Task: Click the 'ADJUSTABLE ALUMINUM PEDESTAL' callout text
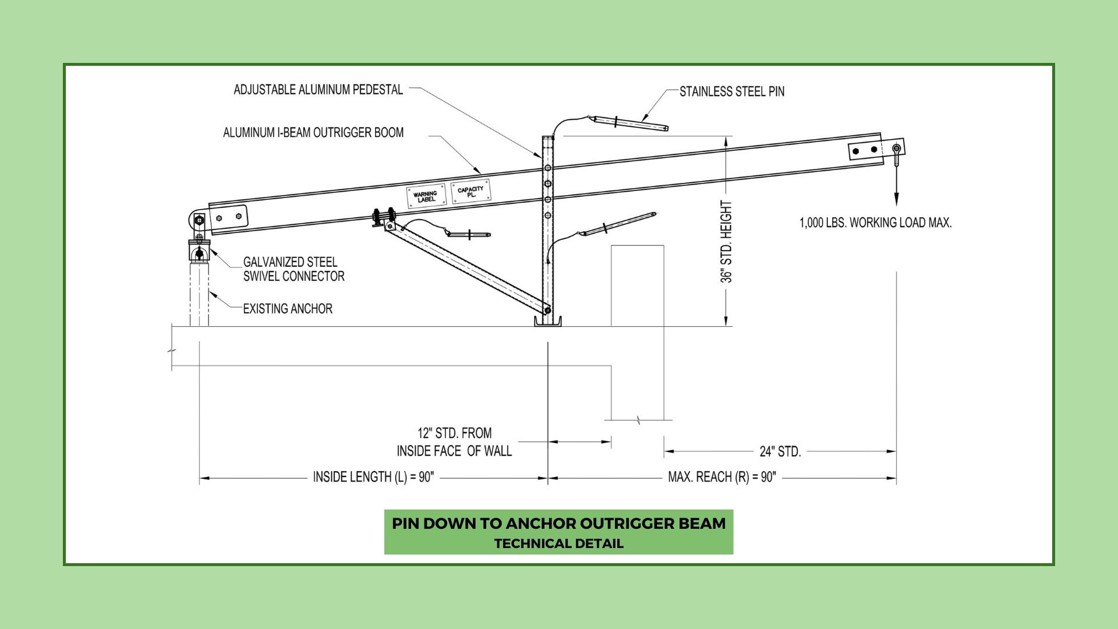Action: (x=318, y=90)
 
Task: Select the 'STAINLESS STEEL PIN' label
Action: (x=732, y=91)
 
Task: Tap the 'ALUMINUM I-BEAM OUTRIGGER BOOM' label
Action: (x=313, y=133)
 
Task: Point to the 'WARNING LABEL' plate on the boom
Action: (x=426, y=196)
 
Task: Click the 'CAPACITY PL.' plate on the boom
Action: (x=470, y=191)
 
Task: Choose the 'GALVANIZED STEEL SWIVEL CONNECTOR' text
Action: (x=293, y=269)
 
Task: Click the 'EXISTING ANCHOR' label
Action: (x=288, y=309)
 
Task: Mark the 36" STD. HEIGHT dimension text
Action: (x=726, y=242)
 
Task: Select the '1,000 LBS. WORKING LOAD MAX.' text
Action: (x=875, y=222)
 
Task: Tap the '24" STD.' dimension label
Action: (x=780, y=451)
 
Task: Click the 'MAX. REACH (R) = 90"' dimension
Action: (x=722, y=477)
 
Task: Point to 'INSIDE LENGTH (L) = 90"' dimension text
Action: (x=373, y=477)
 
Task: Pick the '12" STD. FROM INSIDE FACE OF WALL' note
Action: (x=454, y=442)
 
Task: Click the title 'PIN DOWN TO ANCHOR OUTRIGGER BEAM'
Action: (x=558, y=523)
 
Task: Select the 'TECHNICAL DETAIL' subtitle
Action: (x=558, y=543)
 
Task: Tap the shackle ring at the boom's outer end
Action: (x=897, y=150)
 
